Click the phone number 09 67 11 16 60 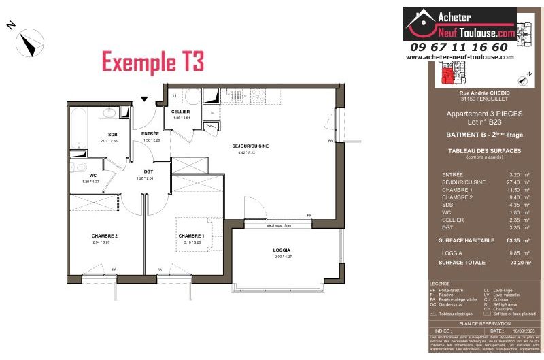459,47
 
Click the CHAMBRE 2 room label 105,235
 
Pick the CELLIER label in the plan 180,112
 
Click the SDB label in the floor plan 113,135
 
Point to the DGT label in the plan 149,172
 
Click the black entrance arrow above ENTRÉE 144,99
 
